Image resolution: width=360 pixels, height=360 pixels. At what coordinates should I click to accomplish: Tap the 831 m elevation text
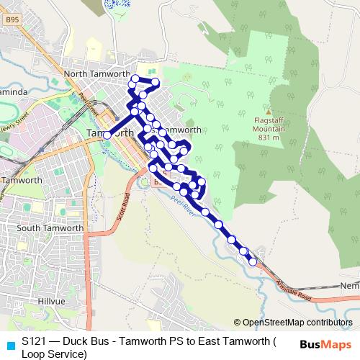coord(269,138)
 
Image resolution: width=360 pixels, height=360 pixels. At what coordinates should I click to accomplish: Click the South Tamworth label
coord(50,228)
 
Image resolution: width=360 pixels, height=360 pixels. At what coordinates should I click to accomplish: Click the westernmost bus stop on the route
coord(107,135)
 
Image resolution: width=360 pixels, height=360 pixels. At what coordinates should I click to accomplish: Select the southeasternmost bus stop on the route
coord(253,261)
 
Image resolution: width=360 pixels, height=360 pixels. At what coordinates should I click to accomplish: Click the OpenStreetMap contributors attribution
coord(294,322)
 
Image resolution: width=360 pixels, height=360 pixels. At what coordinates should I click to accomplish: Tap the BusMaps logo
coord(325,345)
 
